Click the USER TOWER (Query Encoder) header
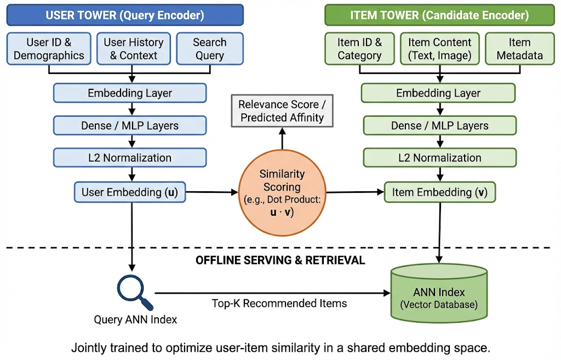pos(125,15)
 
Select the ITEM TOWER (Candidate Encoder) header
pos(439,15)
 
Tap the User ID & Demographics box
pos(49,49)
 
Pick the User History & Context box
pos(134,49)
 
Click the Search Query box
pos(209,49)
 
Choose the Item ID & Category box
pos(359,49)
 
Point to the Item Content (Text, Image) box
pos(439,49)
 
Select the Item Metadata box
pos(519,49)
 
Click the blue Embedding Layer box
pos(130,93)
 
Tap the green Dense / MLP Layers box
pos(439,125)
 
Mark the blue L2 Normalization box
pos(130,158)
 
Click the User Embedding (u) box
pos(130,192)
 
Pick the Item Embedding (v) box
pos(439,192)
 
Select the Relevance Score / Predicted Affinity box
pos(282,111)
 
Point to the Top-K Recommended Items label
pos(279,303)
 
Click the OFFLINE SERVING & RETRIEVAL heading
pos(280,260)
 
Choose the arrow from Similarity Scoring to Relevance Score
pos(282,139)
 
